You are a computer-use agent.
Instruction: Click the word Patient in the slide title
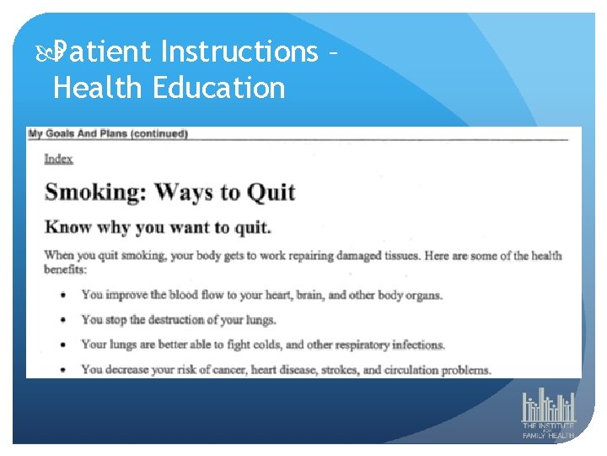pos(105,52)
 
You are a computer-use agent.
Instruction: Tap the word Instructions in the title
pos(239,52)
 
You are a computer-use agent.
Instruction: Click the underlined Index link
pos(58,159)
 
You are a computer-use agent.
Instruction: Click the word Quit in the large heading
pos(270,191)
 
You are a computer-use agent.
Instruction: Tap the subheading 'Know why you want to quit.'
pos(158,227)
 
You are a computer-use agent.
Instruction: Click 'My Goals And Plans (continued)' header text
pos(108,133)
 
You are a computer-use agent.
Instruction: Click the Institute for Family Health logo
pos(548,414)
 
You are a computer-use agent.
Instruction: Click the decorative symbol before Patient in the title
pos(46,53)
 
